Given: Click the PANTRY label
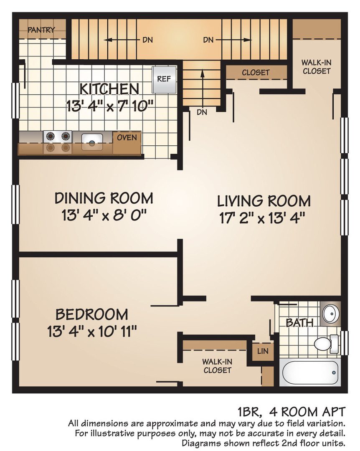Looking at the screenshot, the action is click(x=41, y=30).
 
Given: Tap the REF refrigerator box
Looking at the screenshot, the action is click(x=164, y=79).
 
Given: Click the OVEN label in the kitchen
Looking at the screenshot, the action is click(x=127, y=137).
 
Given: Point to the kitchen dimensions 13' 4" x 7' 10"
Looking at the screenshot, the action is click(x=110, y=106).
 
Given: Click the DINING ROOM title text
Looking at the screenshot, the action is click(x=104, y=198).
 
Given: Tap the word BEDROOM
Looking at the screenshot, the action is click(x=92, y=314).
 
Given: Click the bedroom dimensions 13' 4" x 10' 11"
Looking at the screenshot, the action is click(x=92, y=331).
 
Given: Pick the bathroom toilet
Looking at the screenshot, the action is click(x=326, y=344).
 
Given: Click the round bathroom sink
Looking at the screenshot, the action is click(x=331, y=313).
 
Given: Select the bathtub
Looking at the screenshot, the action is click(x=310, y=372).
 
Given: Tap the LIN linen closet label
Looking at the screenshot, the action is click(x=263, y=351).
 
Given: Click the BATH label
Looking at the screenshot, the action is click(x=299, y=323).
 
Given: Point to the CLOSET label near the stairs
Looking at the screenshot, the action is click(x=256, y=73).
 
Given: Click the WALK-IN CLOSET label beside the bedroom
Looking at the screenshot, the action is click(x=217, y=366).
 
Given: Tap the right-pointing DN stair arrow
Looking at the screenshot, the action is click(x=234, y=40).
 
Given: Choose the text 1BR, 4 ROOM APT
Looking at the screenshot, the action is click(x=291, y=412).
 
